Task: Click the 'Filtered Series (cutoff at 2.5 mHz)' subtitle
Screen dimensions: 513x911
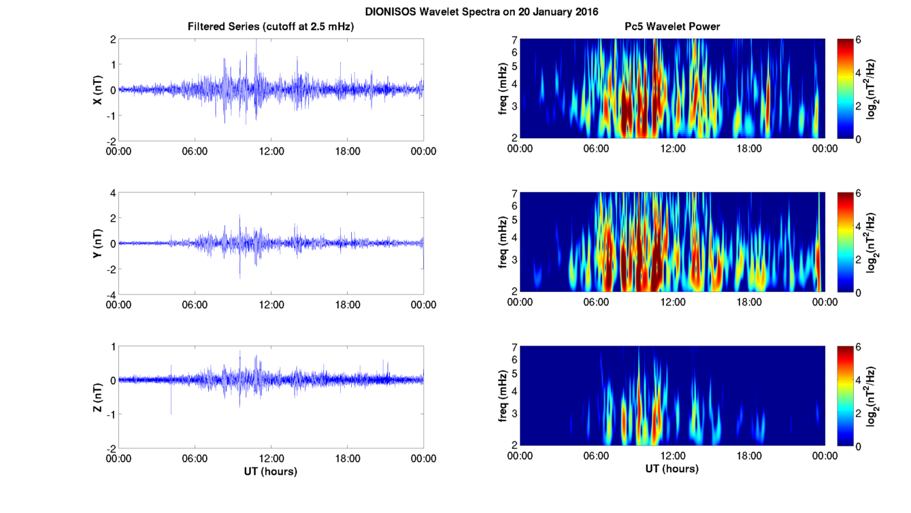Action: pyautogui.click(x=271, y=27)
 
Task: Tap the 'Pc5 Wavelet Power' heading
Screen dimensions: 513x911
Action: pyautogui.click(x=672, y=27)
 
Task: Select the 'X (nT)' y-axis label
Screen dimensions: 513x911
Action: pyautogui.click(x=98, y=90)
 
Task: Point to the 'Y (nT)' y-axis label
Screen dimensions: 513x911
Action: pyautogui.click(x=98, y=243)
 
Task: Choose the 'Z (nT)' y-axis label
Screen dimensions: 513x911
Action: pyautogui.click(x=98, y=397)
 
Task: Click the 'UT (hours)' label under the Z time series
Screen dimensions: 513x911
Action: pyautogui.click(x=271, y=471)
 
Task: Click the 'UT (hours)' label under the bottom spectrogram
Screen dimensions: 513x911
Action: pyautogui.click(x=672, y=469)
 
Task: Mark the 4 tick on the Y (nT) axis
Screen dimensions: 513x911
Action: pyautogui.click(x=111, y=193)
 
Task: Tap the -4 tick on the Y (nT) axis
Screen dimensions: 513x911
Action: pyautogui.click(x=109, y=294)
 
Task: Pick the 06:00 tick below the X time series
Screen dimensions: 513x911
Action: pyautogui.click(x=195, y=151)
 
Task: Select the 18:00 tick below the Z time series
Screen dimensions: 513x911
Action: pyautogui.click(x=347, y=458)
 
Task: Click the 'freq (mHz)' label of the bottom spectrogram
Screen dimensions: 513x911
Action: pyautogui.click(x=502, y=396)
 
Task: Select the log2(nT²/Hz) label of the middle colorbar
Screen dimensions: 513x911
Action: pyautogui.click(x=872, y=243)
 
